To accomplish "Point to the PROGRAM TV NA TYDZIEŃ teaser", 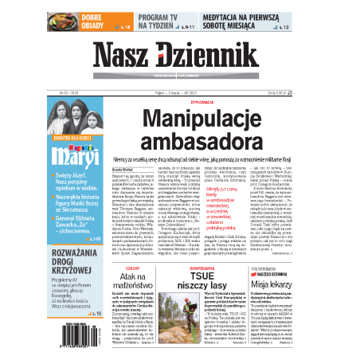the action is (166, 21).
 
